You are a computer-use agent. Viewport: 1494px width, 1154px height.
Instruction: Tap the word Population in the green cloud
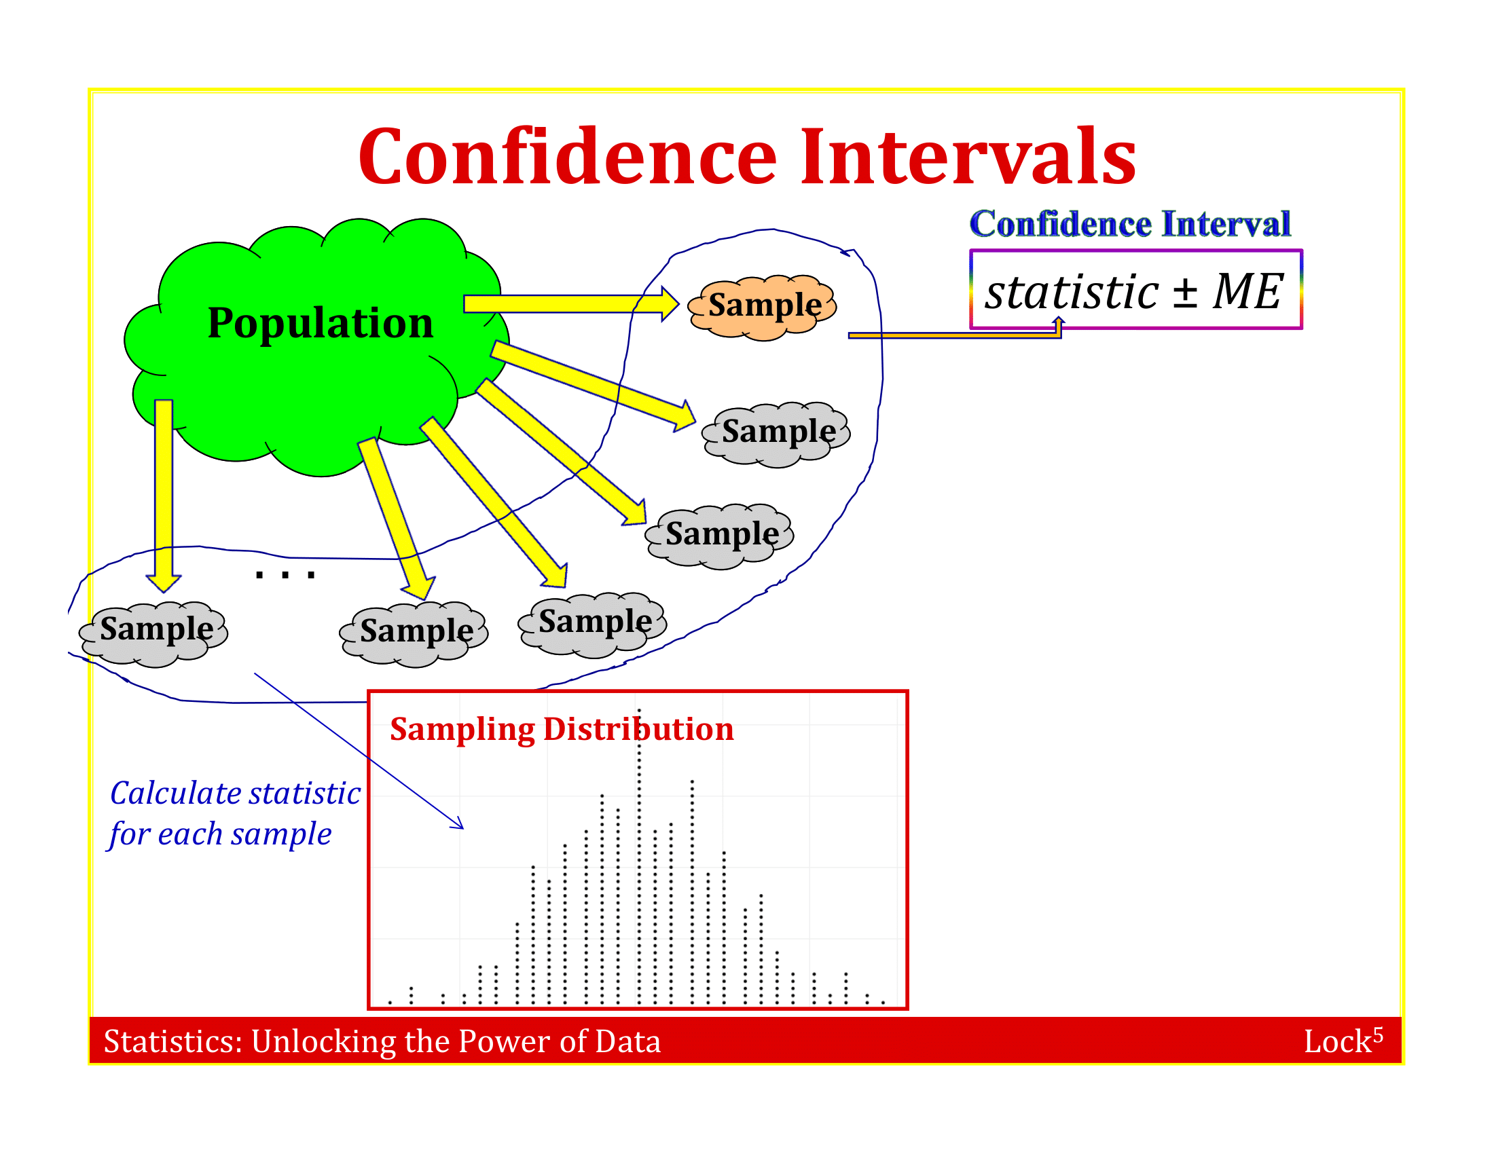tap(320, 322)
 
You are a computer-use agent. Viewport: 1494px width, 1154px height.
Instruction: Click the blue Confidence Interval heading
tap(1129, 224)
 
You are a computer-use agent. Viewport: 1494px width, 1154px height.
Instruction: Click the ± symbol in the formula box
tap(1185, 293)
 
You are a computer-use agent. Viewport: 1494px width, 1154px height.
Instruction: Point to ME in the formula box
tap(1247, 292)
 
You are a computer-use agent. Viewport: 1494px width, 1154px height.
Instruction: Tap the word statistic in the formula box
tap(1071, 293)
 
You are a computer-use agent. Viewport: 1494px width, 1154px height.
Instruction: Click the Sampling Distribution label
tap(561, 729)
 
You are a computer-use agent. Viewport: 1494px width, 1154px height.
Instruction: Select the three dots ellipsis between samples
tap(285, 575)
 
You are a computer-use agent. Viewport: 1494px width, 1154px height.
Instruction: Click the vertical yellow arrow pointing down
tap(164, 492)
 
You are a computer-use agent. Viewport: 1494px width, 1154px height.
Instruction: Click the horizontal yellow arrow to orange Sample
tap(568, 303)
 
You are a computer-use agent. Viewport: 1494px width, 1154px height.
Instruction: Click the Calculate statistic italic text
tap(235, 793)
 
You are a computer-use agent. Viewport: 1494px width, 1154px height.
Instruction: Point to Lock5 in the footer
tap(1342, 1041)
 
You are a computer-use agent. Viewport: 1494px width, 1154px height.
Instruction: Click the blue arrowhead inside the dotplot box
tap(458, 824)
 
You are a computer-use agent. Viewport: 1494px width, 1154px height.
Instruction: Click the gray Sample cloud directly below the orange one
tap(777, 433)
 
